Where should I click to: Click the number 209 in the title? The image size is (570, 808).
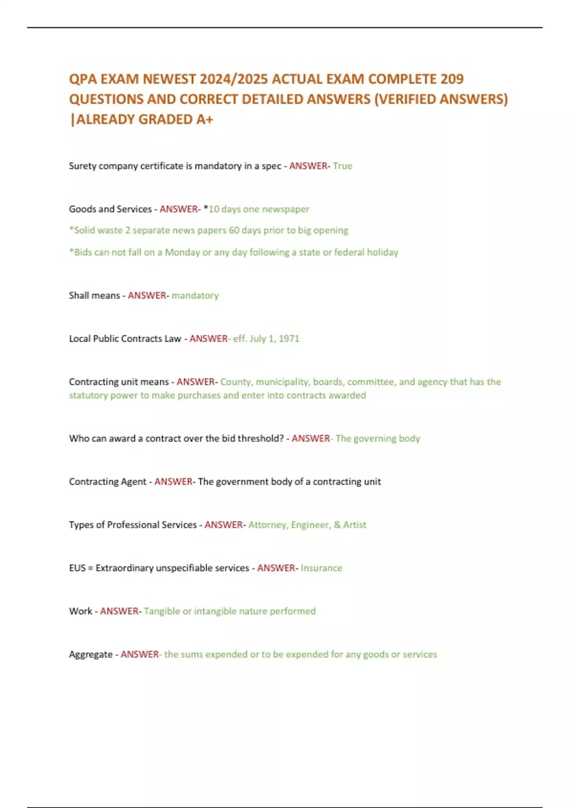[451, 79]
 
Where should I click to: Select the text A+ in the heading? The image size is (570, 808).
[205, 119]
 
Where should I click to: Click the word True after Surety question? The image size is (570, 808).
[342, 166]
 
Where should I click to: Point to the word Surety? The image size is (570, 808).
[82, 166]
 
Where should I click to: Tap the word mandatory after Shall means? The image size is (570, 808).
[195, 296]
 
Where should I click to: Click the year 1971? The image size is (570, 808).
[289, 339]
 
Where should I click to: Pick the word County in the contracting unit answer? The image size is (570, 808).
[236, 382]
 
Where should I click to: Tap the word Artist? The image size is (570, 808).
[354, 525]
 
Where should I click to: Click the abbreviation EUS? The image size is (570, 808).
[77, 568]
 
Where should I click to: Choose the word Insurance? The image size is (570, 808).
[321, 568]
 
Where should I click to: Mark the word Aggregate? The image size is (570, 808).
[90, 654]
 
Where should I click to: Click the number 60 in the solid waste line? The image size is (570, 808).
[234, 231]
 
